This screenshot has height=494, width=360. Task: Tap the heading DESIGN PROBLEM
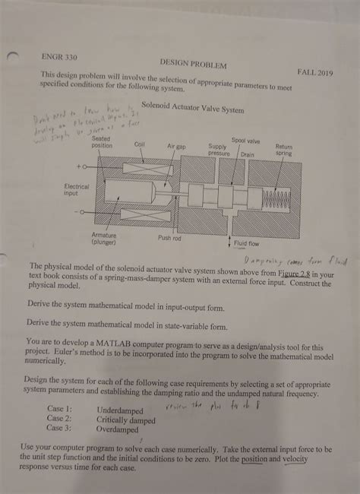click(x=194, y=65)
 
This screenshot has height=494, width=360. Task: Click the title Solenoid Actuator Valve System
click(x=194, y=109)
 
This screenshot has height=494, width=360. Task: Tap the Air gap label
click(x=176, y=145)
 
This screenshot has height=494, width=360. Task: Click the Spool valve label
click(x=245, y=141)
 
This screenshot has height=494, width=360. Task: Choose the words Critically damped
click(x=126, y=420)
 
